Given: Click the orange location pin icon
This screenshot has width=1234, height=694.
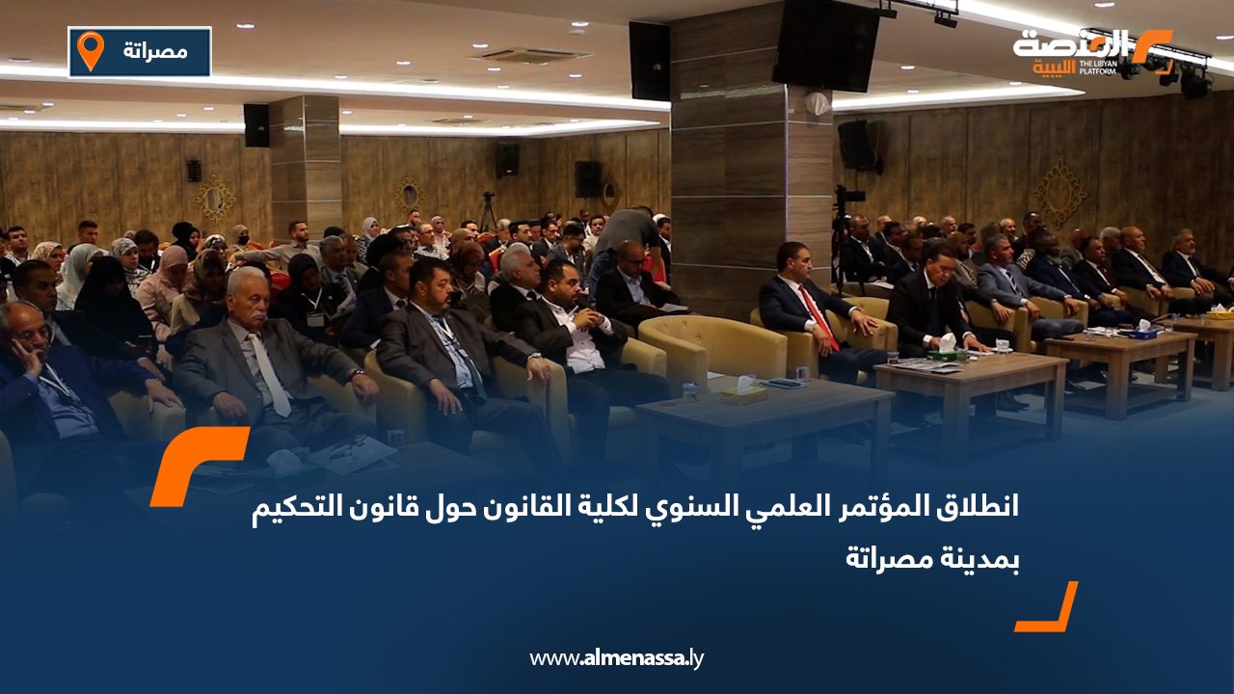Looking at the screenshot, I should (x=90, y=50).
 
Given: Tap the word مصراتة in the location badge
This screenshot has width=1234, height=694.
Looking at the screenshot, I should (x=155, y=50).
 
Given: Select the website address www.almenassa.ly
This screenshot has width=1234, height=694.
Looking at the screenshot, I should (x=617, y=658).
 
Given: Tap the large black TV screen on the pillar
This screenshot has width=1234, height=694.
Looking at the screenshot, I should (x=826, y=44).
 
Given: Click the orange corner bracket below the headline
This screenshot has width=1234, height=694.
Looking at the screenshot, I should (x=1049, y=609).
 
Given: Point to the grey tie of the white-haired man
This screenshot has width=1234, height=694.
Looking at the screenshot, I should (x=268, y=375).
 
